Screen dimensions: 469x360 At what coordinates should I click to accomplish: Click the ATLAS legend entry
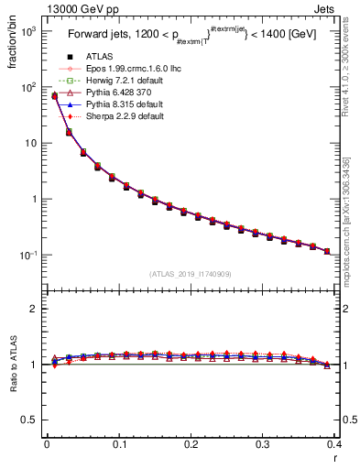coord(87,58)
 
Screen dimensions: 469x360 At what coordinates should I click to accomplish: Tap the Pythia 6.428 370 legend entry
coord(104,93)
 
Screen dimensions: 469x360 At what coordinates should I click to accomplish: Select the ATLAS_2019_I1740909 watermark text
coord(191,274)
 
